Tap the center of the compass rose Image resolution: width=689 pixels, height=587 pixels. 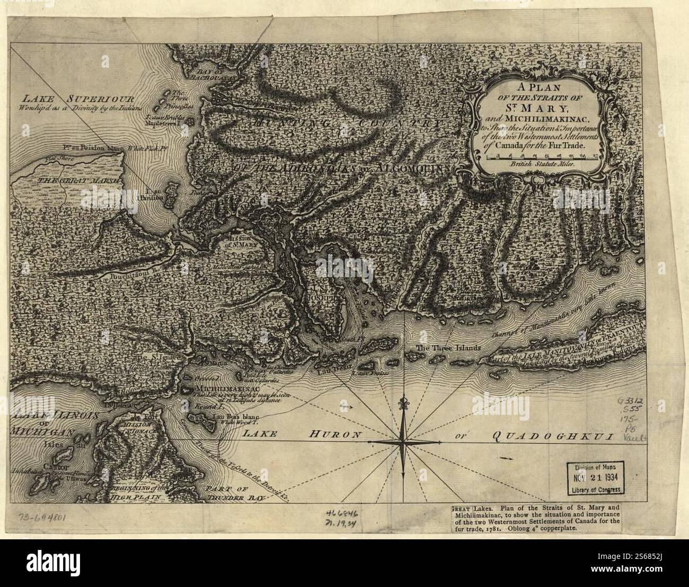click(x=404, y=441)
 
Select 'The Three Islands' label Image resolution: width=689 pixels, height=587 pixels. click(x=448, y=349)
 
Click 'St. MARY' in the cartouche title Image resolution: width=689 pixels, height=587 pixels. click(x=540, y=112)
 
